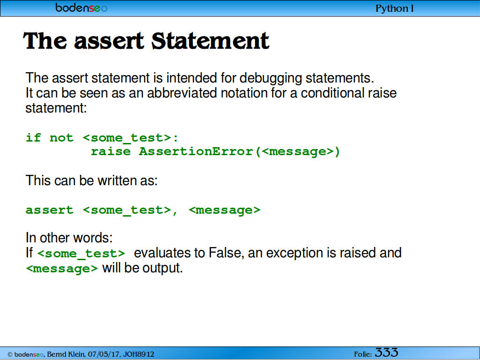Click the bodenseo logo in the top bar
(x=82, y=7)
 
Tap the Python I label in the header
(x=395, y=8)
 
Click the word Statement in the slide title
(x=210, y=41)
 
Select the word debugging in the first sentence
(x=270, y=78)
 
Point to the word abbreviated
(x=182, y=93)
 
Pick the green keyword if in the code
(x=33, y=138)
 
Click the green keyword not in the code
(x=61, y=138)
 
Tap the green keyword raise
(x=111, y=151)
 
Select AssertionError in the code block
(x=196, y=151)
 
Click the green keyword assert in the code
(x=50, y=210)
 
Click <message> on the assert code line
(x=225, y=210)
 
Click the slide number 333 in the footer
(x=386, y=352)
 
